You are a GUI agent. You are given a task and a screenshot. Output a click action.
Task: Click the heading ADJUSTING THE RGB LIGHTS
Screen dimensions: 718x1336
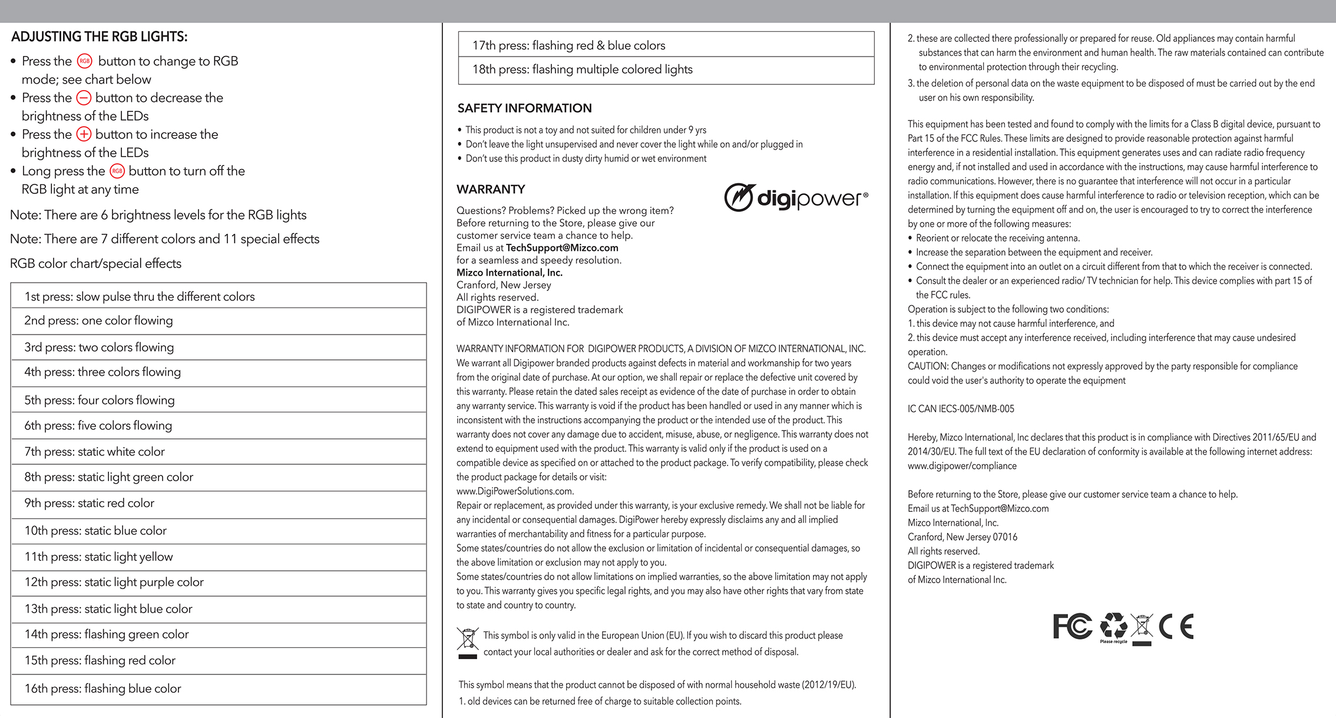point(99,37)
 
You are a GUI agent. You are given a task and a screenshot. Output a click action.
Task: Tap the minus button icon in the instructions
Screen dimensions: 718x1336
point(84,98)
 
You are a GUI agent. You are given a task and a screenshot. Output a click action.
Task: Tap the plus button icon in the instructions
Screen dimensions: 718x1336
point(84,134)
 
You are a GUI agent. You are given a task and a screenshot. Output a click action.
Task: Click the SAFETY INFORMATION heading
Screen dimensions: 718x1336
point(524,108)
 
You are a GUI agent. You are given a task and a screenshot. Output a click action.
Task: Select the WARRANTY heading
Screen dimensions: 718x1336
point(491,189)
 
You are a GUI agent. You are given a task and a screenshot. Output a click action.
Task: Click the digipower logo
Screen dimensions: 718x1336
point(796,197)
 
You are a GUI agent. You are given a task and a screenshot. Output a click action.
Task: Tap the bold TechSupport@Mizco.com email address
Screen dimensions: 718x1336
point(562,248)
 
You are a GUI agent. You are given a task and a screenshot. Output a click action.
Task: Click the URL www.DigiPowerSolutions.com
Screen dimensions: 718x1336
point(515,491)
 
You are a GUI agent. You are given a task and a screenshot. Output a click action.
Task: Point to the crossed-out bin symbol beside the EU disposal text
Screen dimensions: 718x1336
point(468,642)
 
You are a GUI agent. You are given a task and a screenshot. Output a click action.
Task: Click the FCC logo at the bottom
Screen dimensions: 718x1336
point(1072,626)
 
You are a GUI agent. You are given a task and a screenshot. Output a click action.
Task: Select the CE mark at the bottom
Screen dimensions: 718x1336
point(1176,626)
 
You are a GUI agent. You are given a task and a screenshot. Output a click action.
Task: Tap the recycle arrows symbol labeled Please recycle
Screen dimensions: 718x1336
point(1113,627)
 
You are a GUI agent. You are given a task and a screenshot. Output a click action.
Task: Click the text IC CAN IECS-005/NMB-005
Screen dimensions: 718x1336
point(961,409)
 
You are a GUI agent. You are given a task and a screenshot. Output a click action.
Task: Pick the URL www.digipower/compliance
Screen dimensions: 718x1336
point(962,466)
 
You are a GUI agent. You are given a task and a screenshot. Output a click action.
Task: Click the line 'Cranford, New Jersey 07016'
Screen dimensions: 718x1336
point(963,537)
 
